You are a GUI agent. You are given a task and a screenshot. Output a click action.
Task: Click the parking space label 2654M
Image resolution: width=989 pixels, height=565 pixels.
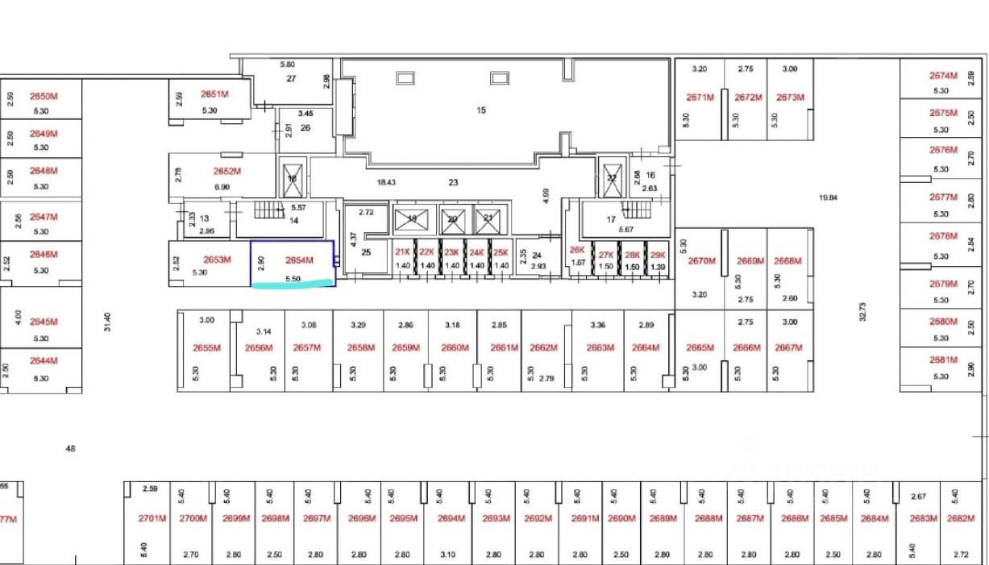(x=298, y=260)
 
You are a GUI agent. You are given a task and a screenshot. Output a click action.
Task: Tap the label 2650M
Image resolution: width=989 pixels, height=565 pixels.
(x=44, y=96)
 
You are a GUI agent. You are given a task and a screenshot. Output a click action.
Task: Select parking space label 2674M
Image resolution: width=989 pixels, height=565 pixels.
(x=943, y=76)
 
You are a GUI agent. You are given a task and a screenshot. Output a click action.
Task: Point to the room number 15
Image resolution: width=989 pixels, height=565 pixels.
(x=481, y=110)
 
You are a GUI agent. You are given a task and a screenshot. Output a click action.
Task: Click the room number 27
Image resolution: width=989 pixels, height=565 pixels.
(x=291, y=79)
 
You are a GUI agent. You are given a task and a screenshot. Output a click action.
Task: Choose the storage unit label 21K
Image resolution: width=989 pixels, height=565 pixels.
(x=402, y=251)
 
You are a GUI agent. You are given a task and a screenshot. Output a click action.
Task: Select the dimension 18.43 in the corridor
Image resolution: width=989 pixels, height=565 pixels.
(x=386, y=183)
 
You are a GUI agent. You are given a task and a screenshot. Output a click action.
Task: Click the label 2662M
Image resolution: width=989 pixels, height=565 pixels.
(x=544, y=348)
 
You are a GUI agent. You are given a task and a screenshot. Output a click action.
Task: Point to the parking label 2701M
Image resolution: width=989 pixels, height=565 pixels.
(x=152, y=518)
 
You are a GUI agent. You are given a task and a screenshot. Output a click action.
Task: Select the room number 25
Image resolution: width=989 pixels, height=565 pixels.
(x=366, y=252)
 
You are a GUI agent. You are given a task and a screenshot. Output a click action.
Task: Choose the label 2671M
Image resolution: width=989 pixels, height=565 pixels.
(x=700, y=98)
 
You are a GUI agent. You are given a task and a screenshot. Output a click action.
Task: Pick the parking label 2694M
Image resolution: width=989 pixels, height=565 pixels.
(x=452, y=518)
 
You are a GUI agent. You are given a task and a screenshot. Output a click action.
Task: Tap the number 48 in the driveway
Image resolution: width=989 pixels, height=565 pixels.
(x=70, y=448)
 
